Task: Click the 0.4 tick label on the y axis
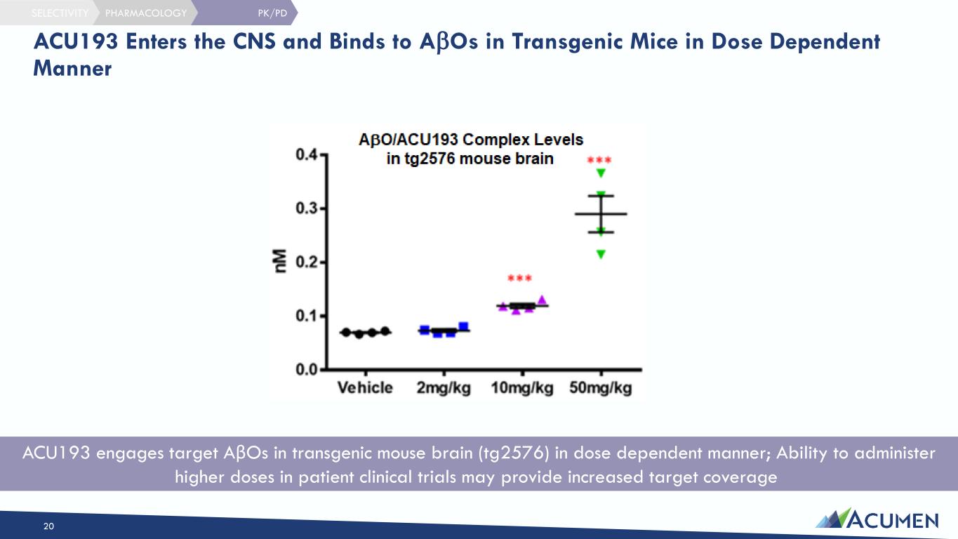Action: pos(306,154)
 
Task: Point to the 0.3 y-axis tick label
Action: pos(306,208)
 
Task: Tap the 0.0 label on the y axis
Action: pos(306,369)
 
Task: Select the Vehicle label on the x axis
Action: pos(365,387)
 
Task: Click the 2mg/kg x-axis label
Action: pos(444,388)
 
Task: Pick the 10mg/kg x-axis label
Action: pos(521,388)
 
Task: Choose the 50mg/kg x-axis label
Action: pos(601,388)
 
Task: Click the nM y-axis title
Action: pos(280,261)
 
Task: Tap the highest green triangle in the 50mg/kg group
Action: pos(601,173)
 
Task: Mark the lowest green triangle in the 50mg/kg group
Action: pos(601,255)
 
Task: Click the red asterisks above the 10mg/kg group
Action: pos(519,279)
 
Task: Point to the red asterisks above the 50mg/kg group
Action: pos(599,161)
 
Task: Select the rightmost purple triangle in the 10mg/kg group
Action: pos(542,300)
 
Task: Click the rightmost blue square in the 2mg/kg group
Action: pos(463,327)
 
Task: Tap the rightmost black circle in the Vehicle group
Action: pos(385,331)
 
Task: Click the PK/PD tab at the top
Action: pos(272,13)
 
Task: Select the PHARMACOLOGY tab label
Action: pos(146,13)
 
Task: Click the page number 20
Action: pos(48,526)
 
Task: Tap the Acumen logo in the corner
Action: pos(877,519)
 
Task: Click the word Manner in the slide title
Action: pos(72,69)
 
